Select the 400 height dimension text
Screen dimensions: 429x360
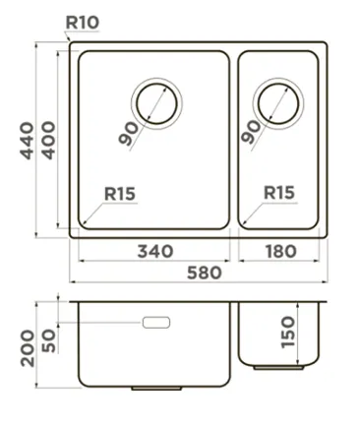[49, 139]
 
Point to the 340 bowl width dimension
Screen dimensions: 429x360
[153, 253]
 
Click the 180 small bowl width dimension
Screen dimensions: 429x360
[280, 253]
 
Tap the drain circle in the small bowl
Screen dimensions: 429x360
[276, 103]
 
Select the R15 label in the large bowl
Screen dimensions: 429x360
[120, 194]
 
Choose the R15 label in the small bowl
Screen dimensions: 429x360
[279, 194]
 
